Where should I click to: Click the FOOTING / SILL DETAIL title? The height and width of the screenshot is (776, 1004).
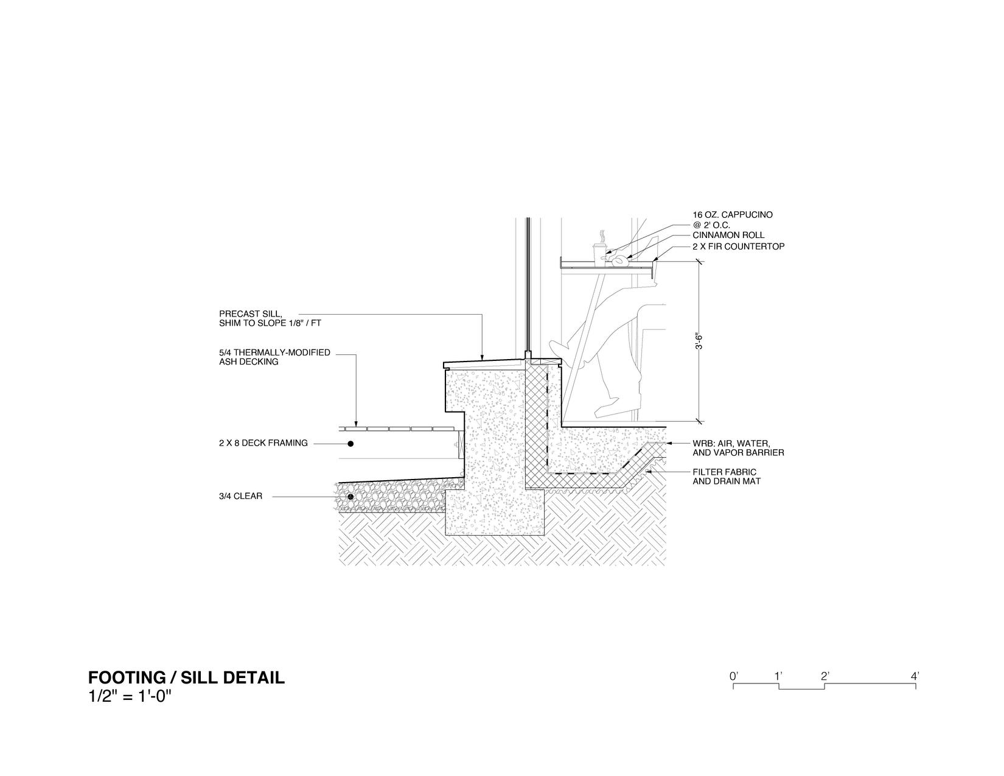pos(186,677)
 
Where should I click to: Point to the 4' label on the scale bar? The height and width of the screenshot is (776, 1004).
pos(915,676)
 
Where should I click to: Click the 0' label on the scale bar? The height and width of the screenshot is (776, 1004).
pos(734,676)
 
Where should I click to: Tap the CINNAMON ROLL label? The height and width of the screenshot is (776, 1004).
pos(728,235)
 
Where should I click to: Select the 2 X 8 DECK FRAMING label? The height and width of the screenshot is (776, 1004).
pos(263,443)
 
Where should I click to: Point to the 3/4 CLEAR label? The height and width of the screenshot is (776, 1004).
pos(240,496)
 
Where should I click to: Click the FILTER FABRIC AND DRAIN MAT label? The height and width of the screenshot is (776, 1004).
pos(724,477)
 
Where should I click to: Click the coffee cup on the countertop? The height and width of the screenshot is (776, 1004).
pos(599,253)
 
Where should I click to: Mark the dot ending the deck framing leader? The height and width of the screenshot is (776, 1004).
pos(350,444)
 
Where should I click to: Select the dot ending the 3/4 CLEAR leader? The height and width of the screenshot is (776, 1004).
pos(350,497)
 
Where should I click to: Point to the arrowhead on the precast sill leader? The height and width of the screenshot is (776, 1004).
pos(482,358)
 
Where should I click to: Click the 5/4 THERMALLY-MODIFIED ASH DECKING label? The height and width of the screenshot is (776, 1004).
pos(274,357)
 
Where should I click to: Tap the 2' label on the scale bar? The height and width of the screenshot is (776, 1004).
pos(824,676)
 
